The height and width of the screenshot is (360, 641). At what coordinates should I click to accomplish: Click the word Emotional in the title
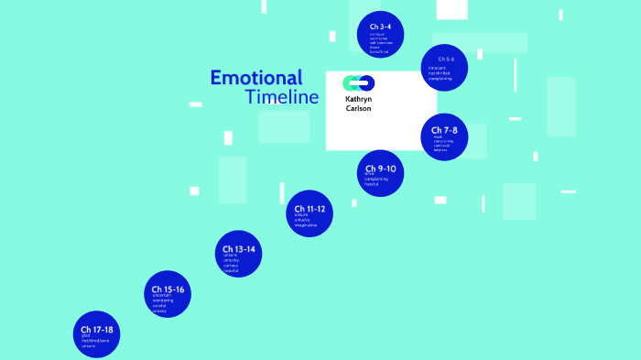(255, 78)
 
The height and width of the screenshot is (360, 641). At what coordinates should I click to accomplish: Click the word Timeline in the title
(282, 97)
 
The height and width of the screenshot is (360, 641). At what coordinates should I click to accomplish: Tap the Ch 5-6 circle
(446, 68)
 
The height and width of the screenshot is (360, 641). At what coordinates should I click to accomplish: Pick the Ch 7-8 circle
(445, 137)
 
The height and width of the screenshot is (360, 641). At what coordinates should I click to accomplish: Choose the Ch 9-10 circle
(381, 173)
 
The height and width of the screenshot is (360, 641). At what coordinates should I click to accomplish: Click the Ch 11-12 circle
(310, 214)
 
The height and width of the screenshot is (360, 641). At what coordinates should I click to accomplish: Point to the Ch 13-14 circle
(239, 254)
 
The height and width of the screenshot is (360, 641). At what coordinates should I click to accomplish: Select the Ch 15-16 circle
(168, 294)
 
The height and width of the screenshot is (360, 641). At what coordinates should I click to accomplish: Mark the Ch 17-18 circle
(97, 333)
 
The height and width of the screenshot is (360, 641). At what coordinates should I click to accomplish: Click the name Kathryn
(359, 99)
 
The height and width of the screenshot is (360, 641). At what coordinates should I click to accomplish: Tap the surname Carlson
(358, 109)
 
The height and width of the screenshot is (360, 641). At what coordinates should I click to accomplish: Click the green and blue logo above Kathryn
(359, 83)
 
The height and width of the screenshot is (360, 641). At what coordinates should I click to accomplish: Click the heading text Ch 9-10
(380, 169)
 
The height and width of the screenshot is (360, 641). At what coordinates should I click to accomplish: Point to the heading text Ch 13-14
(238, 248)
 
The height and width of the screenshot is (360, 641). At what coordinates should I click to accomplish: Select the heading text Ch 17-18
(96, 329)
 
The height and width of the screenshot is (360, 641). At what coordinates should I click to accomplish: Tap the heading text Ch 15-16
(168, 289)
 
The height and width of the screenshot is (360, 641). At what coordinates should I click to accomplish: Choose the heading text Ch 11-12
(309, 209)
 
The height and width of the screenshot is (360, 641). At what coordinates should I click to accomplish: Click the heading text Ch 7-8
(445, 130)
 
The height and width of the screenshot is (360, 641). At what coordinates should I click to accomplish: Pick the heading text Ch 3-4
(380, 27)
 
